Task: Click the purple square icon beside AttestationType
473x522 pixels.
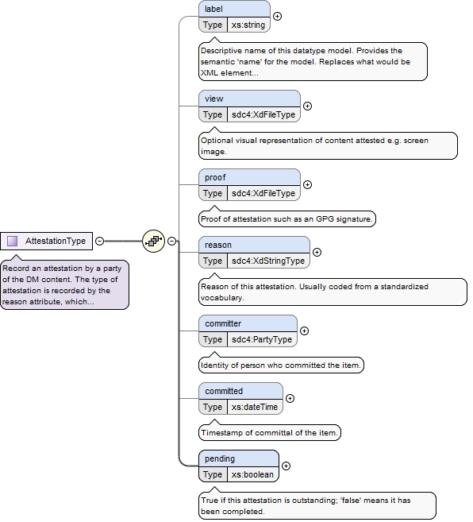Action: pyautogui.click(x=13, y=241)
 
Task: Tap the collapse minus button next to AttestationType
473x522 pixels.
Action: pyautogui.click(x=99, y=241)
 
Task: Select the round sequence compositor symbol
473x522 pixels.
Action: pyautogui.click(x=153, y=241)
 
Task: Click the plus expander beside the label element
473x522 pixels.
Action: pyautogui.click(x=277, y=17)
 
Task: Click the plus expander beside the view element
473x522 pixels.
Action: pyautogui.click(x=307, y=106)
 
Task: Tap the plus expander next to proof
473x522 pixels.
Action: pyautogui.click(x=307, y=185)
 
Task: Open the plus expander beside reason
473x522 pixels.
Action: pyautogui.click(x=317, y=253)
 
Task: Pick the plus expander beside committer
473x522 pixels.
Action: pyautogui.click(x=304, y=331)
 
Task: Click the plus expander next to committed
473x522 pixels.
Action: pyautogui.click(x=290, y=399)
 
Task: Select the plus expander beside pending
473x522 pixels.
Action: pyautogui.click(x=286, y=466)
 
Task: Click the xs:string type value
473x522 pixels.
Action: pyautogui.click(x=248, y=25)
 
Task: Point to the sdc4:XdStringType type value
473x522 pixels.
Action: pyautogui.click(x=268, y=261)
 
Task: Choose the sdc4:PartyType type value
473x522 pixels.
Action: pyautogui.click(x=262, y=339)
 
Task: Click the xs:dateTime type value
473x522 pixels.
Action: pyautogui.click(x=255, y=407)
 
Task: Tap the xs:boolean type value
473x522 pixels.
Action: pyautogui.click(x=252, y=475)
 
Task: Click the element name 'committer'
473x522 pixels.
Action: pyautogui.click(x=223, y=323)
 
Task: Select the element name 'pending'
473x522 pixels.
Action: pyautogui.click(x=220, y=458)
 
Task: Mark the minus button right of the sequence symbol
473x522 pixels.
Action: pyautogui.click(x=171, y=241)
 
